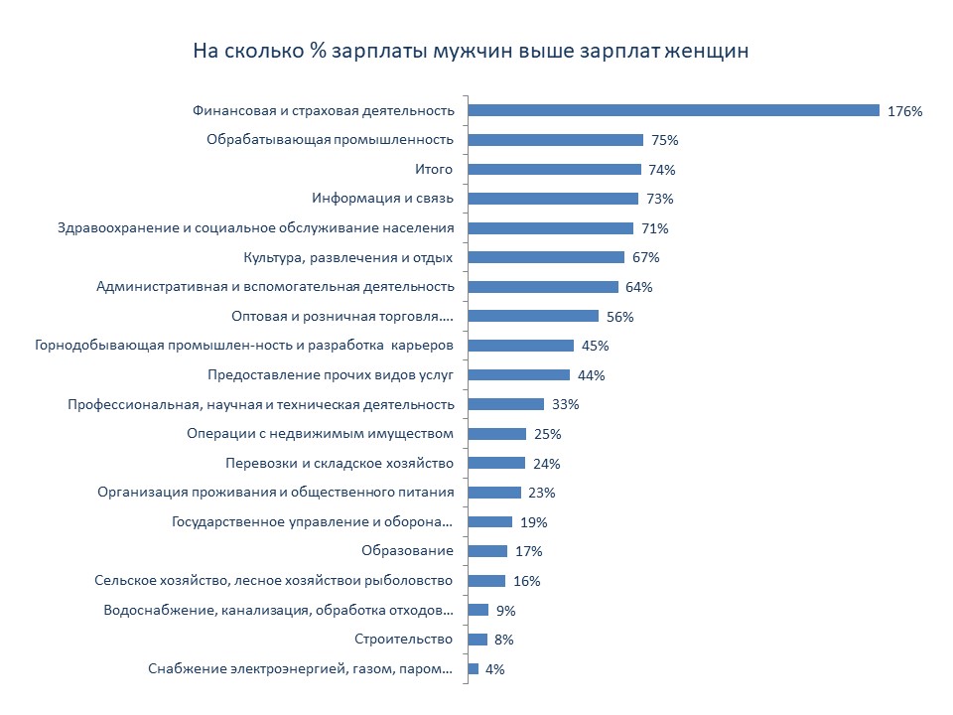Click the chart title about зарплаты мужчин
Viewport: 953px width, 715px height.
click(x=471, y=50)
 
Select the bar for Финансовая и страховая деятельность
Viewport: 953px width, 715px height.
click(x=673, y=110)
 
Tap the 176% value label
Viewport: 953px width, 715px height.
click(x=905, y=111)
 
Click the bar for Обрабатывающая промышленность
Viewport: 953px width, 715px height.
click(x=555, y=140)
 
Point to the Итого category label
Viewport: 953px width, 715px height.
click(x=433, y=169)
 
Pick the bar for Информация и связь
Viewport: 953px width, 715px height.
click(x=553, y=199)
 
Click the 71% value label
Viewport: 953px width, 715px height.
click(x=655, y=228)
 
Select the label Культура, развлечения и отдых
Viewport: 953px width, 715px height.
click(x=348, y=257)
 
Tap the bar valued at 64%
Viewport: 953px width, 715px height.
click(x=542, y=287)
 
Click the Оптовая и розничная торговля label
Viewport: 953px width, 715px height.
click(x=341, y=317)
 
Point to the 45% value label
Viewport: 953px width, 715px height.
click(x=596, y=346)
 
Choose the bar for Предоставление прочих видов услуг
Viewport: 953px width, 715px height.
click(x=518, y=375)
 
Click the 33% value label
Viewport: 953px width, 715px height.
click(x=566, y=405)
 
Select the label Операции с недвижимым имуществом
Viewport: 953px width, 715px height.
click(x=320, y=434)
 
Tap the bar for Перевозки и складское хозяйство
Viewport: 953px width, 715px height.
click(x=495, y=463)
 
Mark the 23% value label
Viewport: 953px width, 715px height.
click(x=542, y=493)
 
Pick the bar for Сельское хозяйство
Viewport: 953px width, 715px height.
click(x=486, y=581)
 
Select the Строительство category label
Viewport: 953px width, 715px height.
click(x=404, y=640)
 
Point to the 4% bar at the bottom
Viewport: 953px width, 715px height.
click(x=474, y=668)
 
